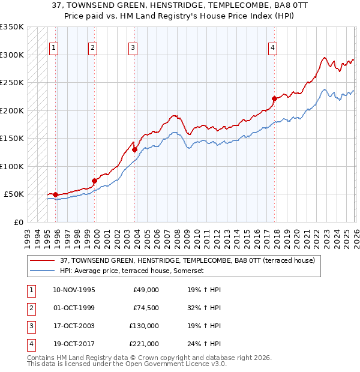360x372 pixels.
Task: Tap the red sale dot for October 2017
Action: tap(274, 98)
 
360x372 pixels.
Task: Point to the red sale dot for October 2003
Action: tap(134, 149)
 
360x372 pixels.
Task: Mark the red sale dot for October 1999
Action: tap(94, 181)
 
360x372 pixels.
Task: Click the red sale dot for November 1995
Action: tap(55, 194)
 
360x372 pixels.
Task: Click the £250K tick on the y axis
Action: tap(11, 83)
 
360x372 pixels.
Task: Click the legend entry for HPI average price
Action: tap(132, 271)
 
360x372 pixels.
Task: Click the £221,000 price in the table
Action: tap(144, 344)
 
